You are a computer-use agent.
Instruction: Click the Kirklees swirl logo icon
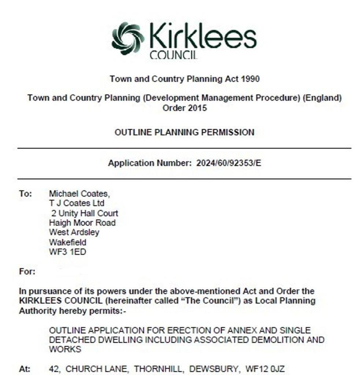(128, 38)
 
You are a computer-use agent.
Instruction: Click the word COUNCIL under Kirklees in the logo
(173, 55)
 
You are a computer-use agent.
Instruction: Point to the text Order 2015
(185, 108)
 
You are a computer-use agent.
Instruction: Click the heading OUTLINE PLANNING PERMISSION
(184, 132)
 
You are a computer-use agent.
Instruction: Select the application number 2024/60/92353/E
(229, 163)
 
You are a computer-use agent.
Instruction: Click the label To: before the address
(26, 194)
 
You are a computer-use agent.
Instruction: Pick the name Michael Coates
(79, 194)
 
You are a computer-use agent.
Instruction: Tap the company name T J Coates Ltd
(77, 203)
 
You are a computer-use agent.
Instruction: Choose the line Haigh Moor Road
(82, 223)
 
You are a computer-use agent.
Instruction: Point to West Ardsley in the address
(74, 233)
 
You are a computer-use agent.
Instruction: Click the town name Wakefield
(68, 242)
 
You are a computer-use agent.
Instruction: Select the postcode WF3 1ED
(67, 252)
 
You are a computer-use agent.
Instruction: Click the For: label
(27, 272)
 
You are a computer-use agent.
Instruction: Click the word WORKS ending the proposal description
(65, 349)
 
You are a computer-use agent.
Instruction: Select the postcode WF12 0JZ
(265, 369)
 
